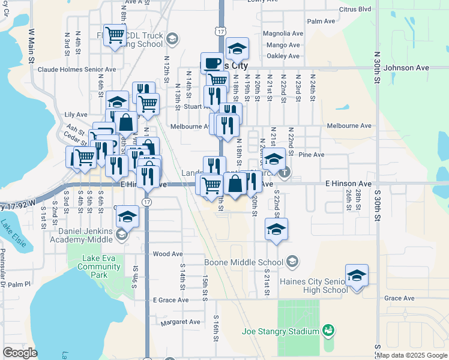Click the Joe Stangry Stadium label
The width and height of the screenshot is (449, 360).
click(x=280, y=331)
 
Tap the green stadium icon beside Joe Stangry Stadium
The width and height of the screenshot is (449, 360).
click(x=327, y=330)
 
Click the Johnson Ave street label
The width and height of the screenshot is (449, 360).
click(x=406, y=68)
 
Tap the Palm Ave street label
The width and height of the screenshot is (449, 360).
click(x=321, y=21)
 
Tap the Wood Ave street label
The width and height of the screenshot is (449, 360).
click(x=167, y=254)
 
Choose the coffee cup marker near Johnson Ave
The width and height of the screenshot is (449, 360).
click(x=211, y=62)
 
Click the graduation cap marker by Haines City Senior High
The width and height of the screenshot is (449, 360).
click(x=357, y=275)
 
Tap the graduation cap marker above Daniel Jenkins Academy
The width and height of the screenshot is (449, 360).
click(x=127, y=217)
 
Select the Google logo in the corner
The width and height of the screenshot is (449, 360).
click(x=20, y=353)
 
